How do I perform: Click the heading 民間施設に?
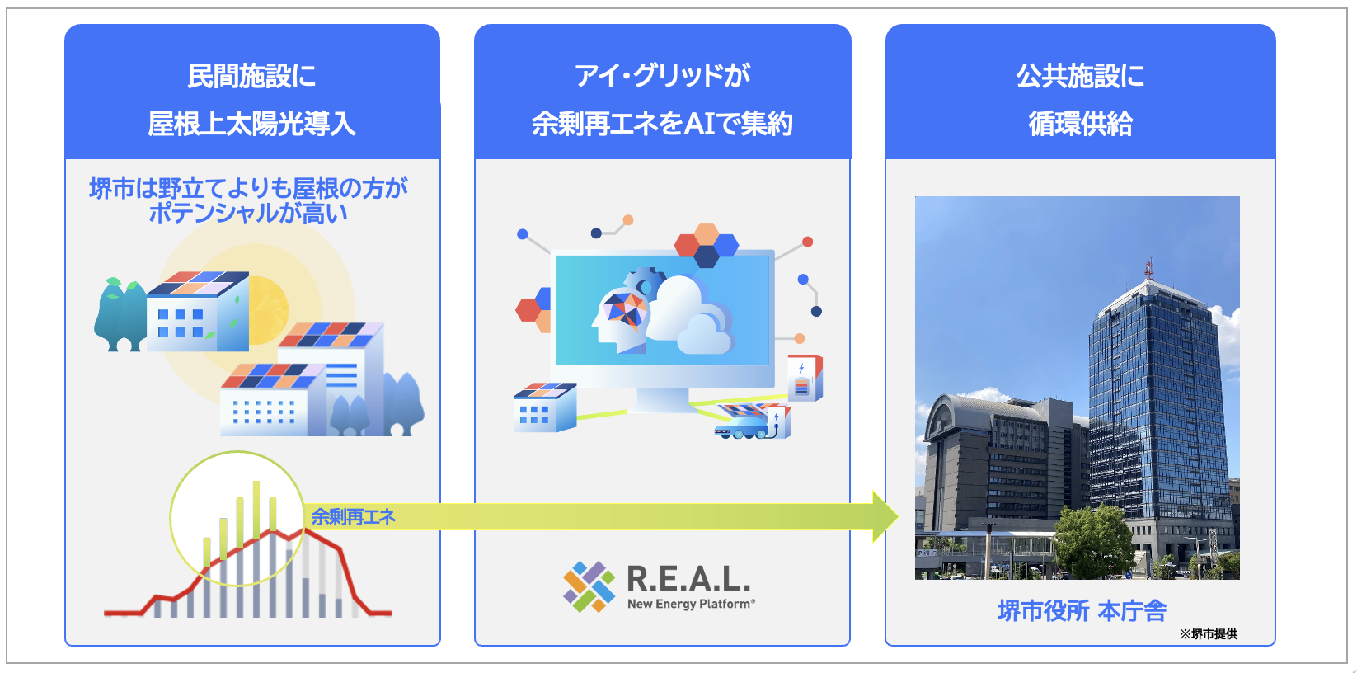pyautogui.click(x=252, y=77)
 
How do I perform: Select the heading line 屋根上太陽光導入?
pyautogui.click(x=252, y=125)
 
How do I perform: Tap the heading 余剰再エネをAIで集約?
pyautogui.click(x=662, y=125)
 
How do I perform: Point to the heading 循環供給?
pyautogui.click(x=1080, y=125)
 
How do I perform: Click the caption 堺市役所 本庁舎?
pyautogui.click(x=1082, y=610)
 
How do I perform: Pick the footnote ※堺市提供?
pyautogui.click(x=1208, y=634)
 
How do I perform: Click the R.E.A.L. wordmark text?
pyautogui.click(x=688, y=579)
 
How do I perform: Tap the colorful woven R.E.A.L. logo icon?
pyautogui.click(x=589, y=586)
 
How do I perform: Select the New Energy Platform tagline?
pyautogui.click(x=691, y=604)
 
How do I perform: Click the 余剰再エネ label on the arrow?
pyautogui.click(x=353, y=516)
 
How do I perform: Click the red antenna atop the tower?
pyautogui.click(x=1148, y=267)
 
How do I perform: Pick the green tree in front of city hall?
pyautogui.click(x=1093, y=539)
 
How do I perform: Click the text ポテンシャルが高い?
pyautogui.click(x=248, y=213)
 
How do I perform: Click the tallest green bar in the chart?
pyautogui.click(x=256, y=510)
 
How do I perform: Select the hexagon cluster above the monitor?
pyautogui.click(x=707, y=245)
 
